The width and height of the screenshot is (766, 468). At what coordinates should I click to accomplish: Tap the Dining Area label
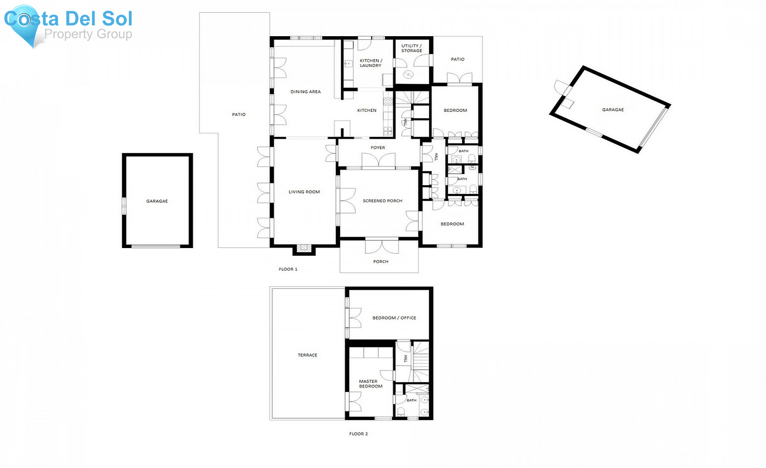[x=306, y=92]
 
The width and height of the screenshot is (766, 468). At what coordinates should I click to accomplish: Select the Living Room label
[x=304, y=192]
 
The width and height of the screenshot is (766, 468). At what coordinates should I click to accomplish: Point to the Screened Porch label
[x=382, y=201]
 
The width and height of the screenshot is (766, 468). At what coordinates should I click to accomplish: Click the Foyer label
[x=378, y=148]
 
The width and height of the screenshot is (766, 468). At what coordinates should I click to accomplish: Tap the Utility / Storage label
[x=412, y=48]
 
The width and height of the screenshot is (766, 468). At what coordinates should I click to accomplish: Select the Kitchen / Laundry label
[x=371, y=63]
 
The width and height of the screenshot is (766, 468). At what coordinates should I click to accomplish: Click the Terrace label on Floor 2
[x=307, y=355]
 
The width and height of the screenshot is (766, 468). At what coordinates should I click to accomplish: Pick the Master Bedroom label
[x=370, y=384]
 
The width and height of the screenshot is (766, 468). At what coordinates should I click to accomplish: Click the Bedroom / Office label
[x=394, y=318]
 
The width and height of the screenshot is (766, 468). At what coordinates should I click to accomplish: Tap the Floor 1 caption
[x=288, y=269]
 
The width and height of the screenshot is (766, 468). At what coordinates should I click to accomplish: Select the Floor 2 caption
[x=358, y=434]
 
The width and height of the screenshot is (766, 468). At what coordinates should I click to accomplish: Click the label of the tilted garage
[x=613, y=110]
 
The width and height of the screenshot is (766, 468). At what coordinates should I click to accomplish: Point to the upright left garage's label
[x=157, y=201]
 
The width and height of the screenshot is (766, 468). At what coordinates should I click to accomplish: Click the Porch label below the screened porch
[x=380, y=262]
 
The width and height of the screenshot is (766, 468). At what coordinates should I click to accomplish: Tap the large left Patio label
[x=239, y=114]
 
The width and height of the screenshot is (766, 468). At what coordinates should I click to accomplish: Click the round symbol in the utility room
[x=408, y=75]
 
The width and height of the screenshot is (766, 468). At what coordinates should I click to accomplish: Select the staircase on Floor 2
[x=420, y=362]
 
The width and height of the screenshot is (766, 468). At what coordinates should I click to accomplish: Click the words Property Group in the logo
[x=88, y=34]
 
